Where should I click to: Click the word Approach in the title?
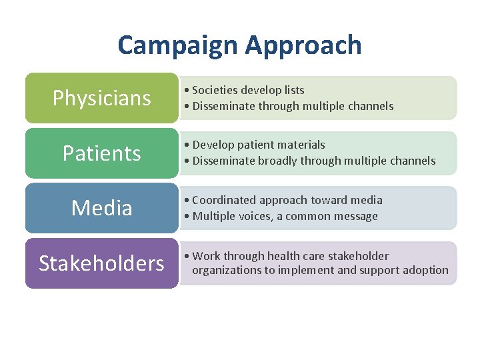[303, 45]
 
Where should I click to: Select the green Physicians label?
[101, 98]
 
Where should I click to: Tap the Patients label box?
[101, 153]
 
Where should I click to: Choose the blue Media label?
[101, 208]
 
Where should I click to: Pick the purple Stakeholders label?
[101, 263]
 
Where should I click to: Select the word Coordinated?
[225, 200]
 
